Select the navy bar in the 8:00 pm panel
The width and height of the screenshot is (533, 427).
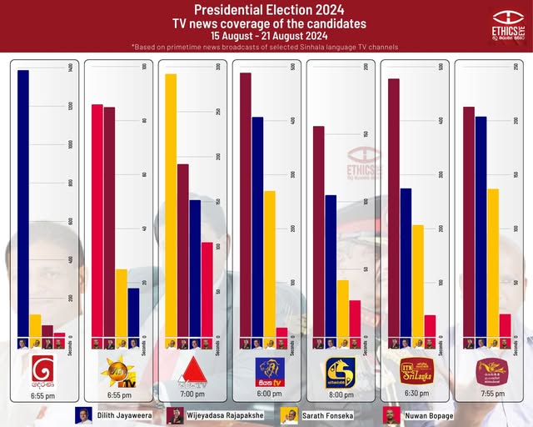point(331,266)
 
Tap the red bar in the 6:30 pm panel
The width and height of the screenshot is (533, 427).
point(430,326)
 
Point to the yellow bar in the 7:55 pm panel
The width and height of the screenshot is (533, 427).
point(493,263)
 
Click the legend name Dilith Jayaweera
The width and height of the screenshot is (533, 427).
point(127,415)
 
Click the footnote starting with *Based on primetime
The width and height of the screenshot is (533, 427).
point(264,47)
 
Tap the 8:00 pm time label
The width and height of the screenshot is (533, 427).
point(340,394)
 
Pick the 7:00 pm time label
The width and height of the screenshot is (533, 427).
point(192,394)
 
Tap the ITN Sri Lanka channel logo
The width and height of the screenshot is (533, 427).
point(416,370)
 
